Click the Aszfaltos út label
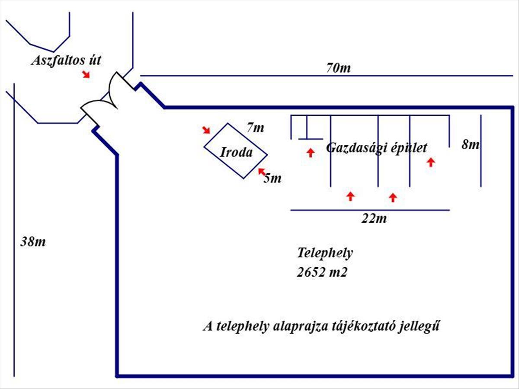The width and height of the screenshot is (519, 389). (x=66, y=60)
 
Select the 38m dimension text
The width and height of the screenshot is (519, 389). (x=33, y=241)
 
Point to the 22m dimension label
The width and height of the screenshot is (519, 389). (x=374, y=219)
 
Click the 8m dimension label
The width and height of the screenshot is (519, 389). (x=471, y=144)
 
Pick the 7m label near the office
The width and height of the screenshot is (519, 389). (x=255, y=128)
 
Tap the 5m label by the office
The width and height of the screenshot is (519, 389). (x=272, y=178)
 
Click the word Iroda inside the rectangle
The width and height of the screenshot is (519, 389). (x=236, y=152)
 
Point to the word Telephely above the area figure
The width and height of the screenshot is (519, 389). (x=325, y=253)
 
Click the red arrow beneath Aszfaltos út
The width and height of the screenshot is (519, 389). (x=86, y=74)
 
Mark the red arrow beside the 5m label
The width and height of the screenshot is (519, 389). (x=262, y=172)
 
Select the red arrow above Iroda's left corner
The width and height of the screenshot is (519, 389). (x=207, y=130)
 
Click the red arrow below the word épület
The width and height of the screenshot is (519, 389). (x=430, y=162)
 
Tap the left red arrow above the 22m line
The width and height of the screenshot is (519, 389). (x=350, y=196)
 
